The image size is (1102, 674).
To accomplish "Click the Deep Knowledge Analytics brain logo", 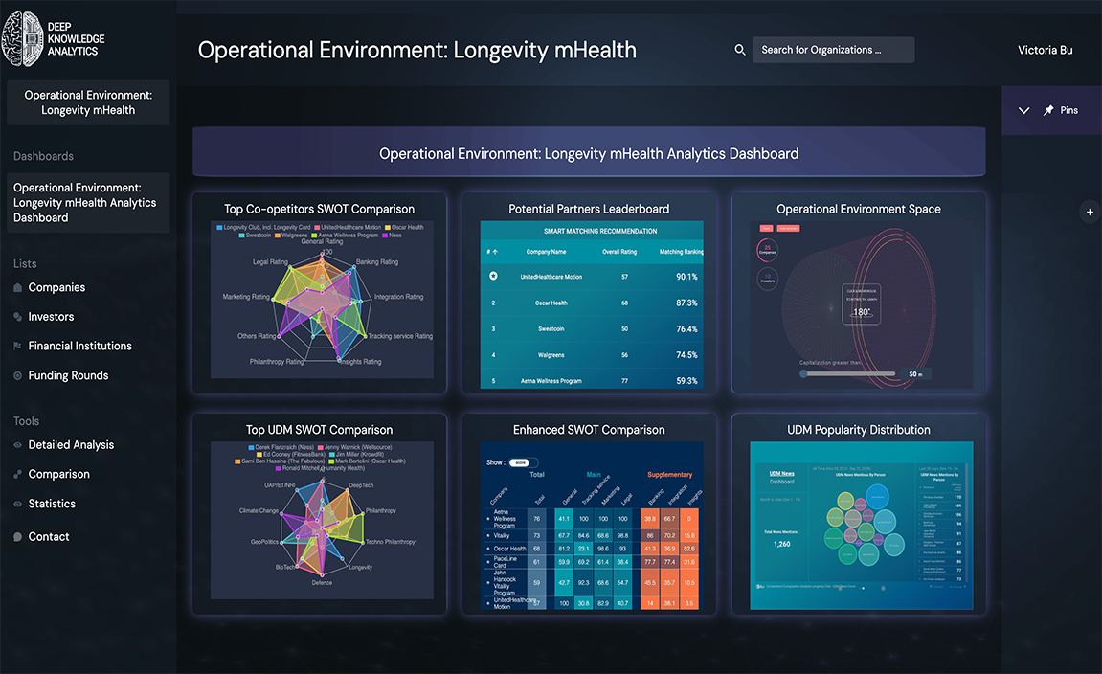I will pyautogui.click(x=22, y=38).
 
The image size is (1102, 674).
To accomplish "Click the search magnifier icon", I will pyautogui.click(x=740, y=50).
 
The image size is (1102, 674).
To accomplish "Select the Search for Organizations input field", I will pyautogui.click(x=833, y=50).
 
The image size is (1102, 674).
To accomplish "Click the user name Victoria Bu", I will pyautogui.click(x=1045, y=50).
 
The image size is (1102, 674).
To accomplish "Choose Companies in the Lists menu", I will pyautogui.click(x=56, y=287).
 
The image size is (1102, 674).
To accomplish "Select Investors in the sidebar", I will pyautogui.click(x=51, y=317).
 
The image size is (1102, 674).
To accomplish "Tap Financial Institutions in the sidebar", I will pyautogui.click(x=79, y=346).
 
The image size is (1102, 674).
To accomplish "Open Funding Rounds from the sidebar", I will pyautogui.click(x=68, y=375).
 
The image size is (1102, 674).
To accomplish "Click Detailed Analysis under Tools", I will pyautogui.click(x=71, y=445).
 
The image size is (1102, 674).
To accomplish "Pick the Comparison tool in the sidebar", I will pyautogui.click(x=58, y=474).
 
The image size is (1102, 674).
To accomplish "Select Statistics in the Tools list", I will pyautogui.click(x=52, y=504).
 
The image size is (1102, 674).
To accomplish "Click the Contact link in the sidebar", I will pyautogui.click(x=49, y=537).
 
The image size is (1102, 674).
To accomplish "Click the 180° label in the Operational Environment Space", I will pyautogui.click(x=861, y=312).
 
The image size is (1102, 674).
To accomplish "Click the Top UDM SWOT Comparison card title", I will pyautogui.click(x=319, y=430).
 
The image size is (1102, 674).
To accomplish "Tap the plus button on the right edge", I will pyautogui.click(x=1090, y=212).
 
